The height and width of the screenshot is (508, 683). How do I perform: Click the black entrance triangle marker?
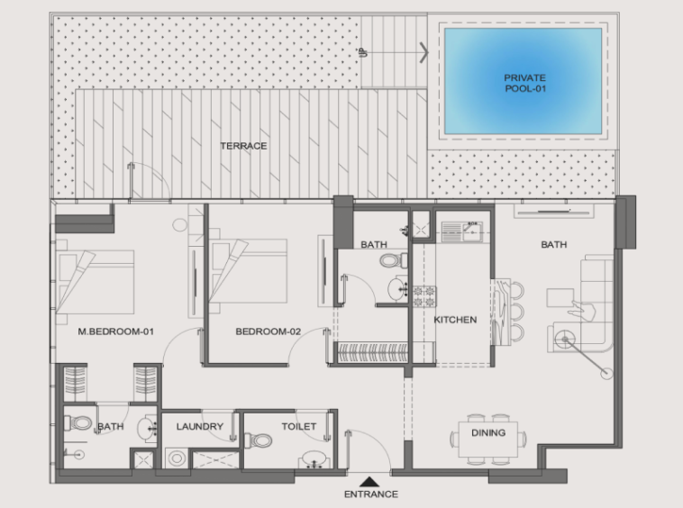(369, 482)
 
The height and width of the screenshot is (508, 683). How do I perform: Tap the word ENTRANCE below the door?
(371, 494)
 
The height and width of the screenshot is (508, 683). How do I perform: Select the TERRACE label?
(243, 146)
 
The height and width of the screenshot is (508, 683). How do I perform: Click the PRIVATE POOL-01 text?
(525, 83)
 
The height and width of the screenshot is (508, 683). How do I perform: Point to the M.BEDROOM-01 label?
(116, 331)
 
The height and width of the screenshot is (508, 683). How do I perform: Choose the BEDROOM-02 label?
(269, 331)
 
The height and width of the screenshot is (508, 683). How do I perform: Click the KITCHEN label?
(455, 320)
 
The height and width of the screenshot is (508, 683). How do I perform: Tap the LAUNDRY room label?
(200, 427)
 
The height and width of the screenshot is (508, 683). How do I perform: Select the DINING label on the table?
(488, 432)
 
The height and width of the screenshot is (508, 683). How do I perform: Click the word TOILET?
(299, 427)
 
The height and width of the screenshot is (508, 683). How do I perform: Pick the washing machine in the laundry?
(177, 458)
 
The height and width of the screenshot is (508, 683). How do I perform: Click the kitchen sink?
(462, 231)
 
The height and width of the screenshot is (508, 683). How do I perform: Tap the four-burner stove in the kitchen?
(424, 296)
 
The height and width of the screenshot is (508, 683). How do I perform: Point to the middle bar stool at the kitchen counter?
(516, 312)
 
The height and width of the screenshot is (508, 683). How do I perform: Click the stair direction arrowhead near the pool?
(424, 52)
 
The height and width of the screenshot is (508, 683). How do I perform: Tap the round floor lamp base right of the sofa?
(606, 374)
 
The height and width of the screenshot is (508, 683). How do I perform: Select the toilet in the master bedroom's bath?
(78, 422)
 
